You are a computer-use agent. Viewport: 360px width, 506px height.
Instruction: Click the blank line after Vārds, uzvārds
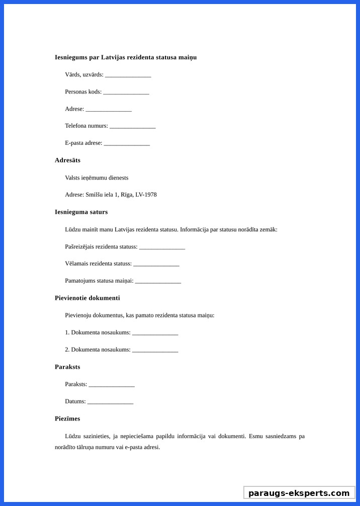128,75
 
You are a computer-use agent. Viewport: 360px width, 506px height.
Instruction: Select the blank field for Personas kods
126,93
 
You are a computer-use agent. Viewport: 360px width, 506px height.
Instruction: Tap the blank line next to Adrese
109,110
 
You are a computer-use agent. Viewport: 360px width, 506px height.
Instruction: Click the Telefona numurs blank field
132,127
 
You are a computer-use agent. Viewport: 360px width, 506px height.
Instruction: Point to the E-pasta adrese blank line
127,144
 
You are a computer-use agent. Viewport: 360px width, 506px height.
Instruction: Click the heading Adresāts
67,160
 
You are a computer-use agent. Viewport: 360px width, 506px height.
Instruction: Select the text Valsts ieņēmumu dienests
97,178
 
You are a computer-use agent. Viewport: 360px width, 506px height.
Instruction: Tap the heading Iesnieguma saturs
81,212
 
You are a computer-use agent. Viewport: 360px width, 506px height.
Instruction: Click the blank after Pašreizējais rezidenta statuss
162,247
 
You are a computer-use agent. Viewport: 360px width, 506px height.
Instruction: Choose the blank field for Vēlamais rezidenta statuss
156,265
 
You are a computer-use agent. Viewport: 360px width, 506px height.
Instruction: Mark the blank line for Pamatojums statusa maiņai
158,282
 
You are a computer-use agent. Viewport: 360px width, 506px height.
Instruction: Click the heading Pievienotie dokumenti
87,298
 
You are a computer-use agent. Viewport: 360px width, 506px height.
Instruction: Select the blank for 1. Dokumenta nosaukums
155,333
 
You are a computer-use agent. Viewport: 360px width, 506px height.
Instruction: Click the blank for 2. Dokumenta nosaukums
155,351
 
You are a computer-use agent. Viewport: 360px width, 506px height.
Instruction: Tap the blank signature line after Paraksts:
112,385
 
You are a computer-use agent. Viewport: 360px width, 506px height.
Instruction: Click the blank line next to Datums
110,402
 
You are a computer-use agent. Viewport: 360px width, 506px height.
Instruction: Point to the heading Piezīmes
67,418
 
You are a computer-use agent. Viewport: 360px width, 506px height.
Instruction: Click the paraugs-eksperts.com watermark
299,493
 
